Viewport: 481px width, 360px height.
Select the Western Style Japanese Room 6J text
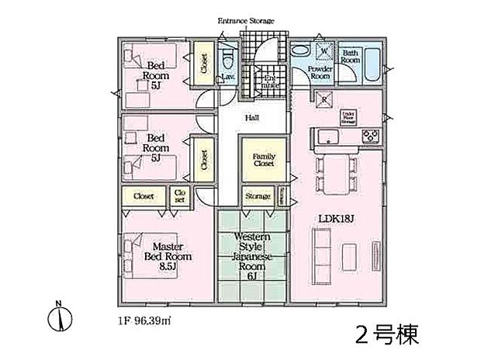click(x=251, y=257)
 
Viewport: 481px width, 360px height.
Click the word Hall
click(x=252, y=118)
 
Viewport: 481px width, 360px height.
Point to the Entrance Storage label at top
click(x=247, y=20)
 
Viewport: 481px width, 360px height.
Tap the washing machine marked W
click(x=323, y=54)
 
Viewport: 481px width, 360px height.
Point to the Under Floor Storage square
click(x=348, y=117)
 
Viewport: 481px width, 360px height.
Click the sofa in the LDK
click(x=320, y=253)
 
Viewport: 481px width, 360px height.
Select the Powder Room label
click(x=320, y=73)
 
